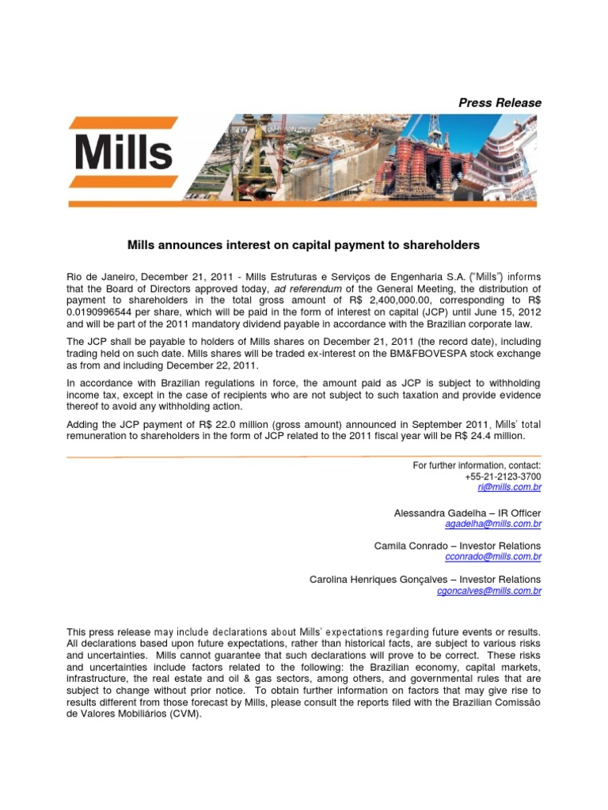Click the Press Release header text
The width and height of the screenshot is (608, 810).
coord(500,103)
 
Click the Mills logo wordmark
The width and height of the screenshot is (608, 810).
coord(123,153)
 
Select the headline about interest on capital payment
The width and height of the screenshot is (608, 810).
coord(304,246)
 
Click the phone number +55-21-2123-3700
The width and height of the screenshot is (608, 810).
coord(503,478)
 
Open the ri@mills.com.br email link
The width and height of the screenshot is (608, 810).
coord(515,489)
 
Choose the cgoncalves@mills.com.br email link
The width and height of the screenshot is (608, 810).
coord(489,590)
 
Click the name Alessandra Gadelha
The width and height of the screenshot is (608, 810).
coord(435,513)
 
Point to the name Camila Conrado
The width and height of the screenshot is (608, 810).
coord(408,546)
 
